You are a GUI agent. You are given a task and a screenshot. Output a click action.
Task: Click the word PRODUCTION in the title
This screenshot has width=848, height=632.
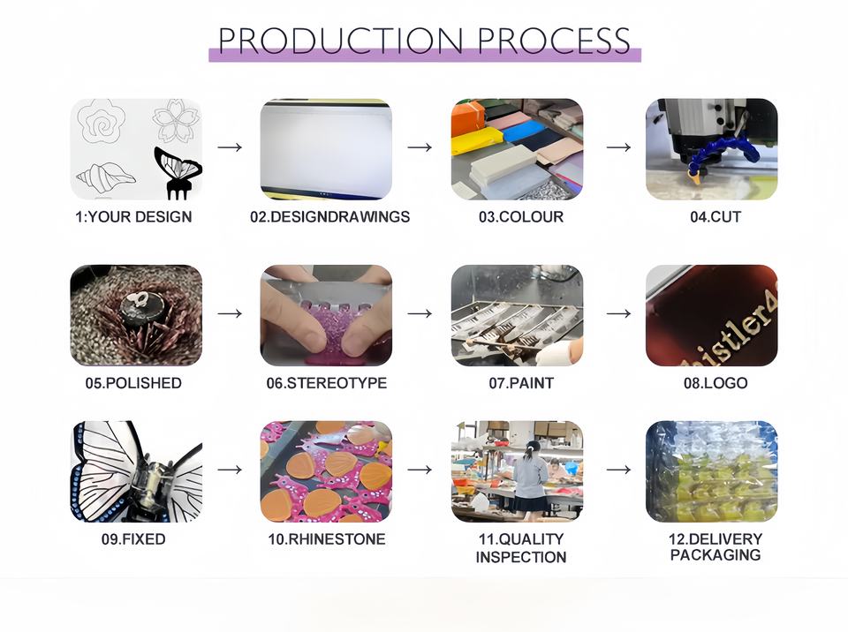tap(340, 40)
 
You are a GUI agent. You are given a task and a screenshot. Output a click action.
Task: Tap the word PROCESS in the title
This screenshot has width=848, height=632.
tap(554, 40)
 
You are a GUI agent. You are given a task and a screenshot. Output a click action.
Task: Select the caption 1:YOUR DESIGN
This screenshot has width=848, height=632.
tap(133, 217)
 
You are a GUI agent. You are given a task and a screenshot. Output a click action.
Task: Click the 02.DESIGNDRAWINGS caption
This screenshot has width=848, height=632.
tap(329, 217)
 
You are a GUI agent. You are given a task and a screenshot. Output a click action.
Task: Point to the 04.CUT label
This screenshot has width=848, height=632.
tap(715, 217)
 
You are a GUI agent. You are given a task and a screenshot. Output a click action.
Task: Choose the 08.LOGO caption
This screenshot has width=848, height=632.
tap(715, 383)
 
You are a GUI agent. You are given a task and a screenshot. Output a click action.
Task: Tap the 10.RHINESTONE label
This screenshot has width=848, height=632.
tap(327, 539)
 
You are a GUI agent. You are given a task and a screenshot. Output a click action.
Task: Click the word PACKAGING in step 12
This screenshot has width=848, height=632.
tap(715, 555)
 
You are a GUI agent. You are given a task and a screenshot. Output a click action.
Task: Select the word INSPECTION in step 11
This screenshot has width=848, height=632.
tap(521, 557)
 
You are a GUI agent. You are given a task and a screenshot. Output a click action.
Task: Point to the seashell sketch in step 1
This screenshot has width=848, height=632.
tap(105, 177)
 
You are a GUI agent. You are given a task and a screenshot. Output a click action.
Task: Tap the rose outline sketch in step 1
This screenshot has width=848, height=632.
tap(101, 121)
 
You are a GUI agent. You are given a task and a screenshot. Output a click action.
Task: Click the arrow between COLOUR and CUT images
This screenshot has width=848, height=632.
tap(618, 147)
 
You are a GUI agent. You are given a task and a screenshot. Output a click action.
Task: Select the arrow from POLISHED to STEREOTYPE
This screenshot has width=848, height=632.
tap(230, 313)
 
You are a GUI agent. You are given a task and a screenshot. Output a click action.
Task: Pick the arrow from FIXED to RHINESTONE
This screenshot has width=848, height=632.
tap(230, 470)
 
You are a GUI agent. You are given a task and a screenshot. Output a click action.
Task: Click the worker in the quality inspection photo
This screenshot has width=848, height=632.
tap(529, 477)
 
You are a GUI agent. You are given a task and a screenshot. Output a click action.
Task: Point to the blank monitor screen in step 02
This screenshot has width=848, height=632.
tap(326, 147)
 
